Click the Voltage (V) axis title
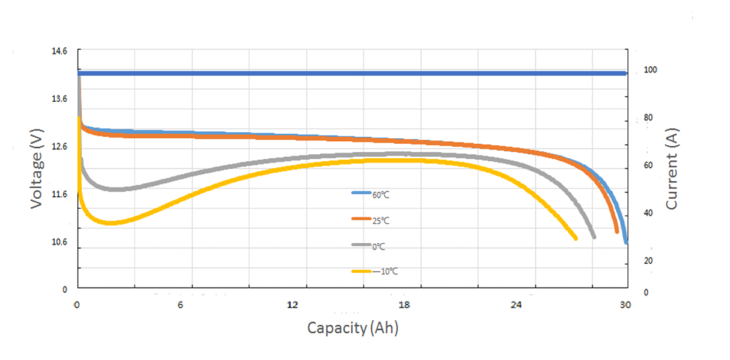coord(38,168)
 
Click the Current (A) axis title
coord(671,168)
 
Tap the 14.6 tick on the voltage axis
coord(59,52)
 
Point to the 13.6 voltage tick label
coord(59,99)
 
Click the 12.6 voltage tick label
coord(59,147)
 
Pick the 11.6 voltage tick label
coord(59,194)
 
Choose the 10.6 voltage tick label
coord(59,242)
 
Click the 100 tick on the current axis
coord(649,70)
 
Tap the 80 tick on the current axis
coord(647,118)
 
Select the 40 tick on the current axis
coord(647,213)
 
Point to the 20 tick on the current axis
coord(647,262)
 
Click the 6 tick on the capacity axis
coord(180,305)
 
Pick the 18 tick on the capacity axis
coord(405,305)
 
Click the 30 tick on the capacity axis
coord(625,305)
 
